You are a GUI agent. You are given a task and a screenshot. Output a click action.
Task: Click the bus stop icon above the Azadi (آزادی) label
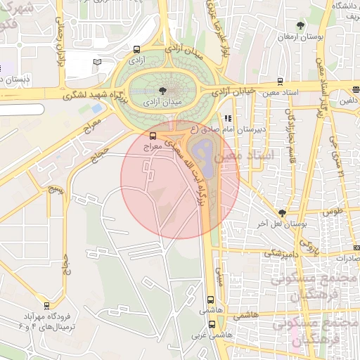pyautogui.click(x=136, y=50)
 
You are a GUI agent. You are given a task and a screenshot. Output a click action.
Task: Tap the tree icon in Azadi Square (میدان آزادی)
pyautogui.click(x=163, y=90)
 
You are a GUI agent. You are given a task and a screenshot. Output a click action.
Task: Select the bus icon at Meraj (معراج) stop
pyautogui.click(x=153, y=136)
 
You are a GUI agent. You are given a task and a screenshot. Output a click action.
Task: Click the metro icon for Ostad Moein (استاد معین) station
pyautogui.click(x=281, y=82)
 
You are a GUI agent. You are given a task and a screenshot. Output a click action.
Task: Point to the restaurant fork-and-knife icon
pyautogui.click(x=226, y=118)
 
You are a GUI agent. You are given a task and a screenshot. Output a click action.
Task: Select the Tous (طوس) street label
pyautogui.click(x=332, y=211)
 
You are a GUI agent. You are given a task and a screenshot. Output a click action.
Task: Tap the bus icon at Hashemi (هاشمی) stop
pyautogui.click(x=212, y=300)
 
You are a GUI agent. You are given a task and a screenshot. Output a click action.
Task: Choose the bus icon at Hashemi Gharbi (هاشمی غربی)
pyautogui.click(x=212, y=324)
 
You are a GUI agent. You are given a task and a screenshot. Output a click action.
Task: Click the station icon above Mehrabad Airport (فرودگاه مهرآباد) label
pyautogui.click(x=46, y=306)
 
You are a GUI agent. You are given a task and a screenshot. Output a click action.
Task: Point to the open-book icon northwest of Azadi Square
pyautogui.click(x=97, y=63)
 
